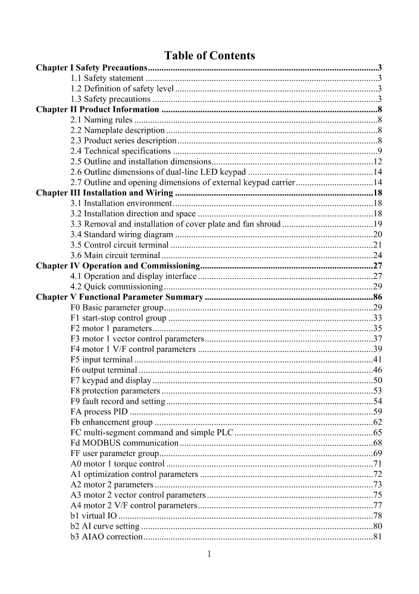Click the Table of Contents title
click(209, 56)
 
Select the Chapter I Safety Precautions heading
click(92, 68)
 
